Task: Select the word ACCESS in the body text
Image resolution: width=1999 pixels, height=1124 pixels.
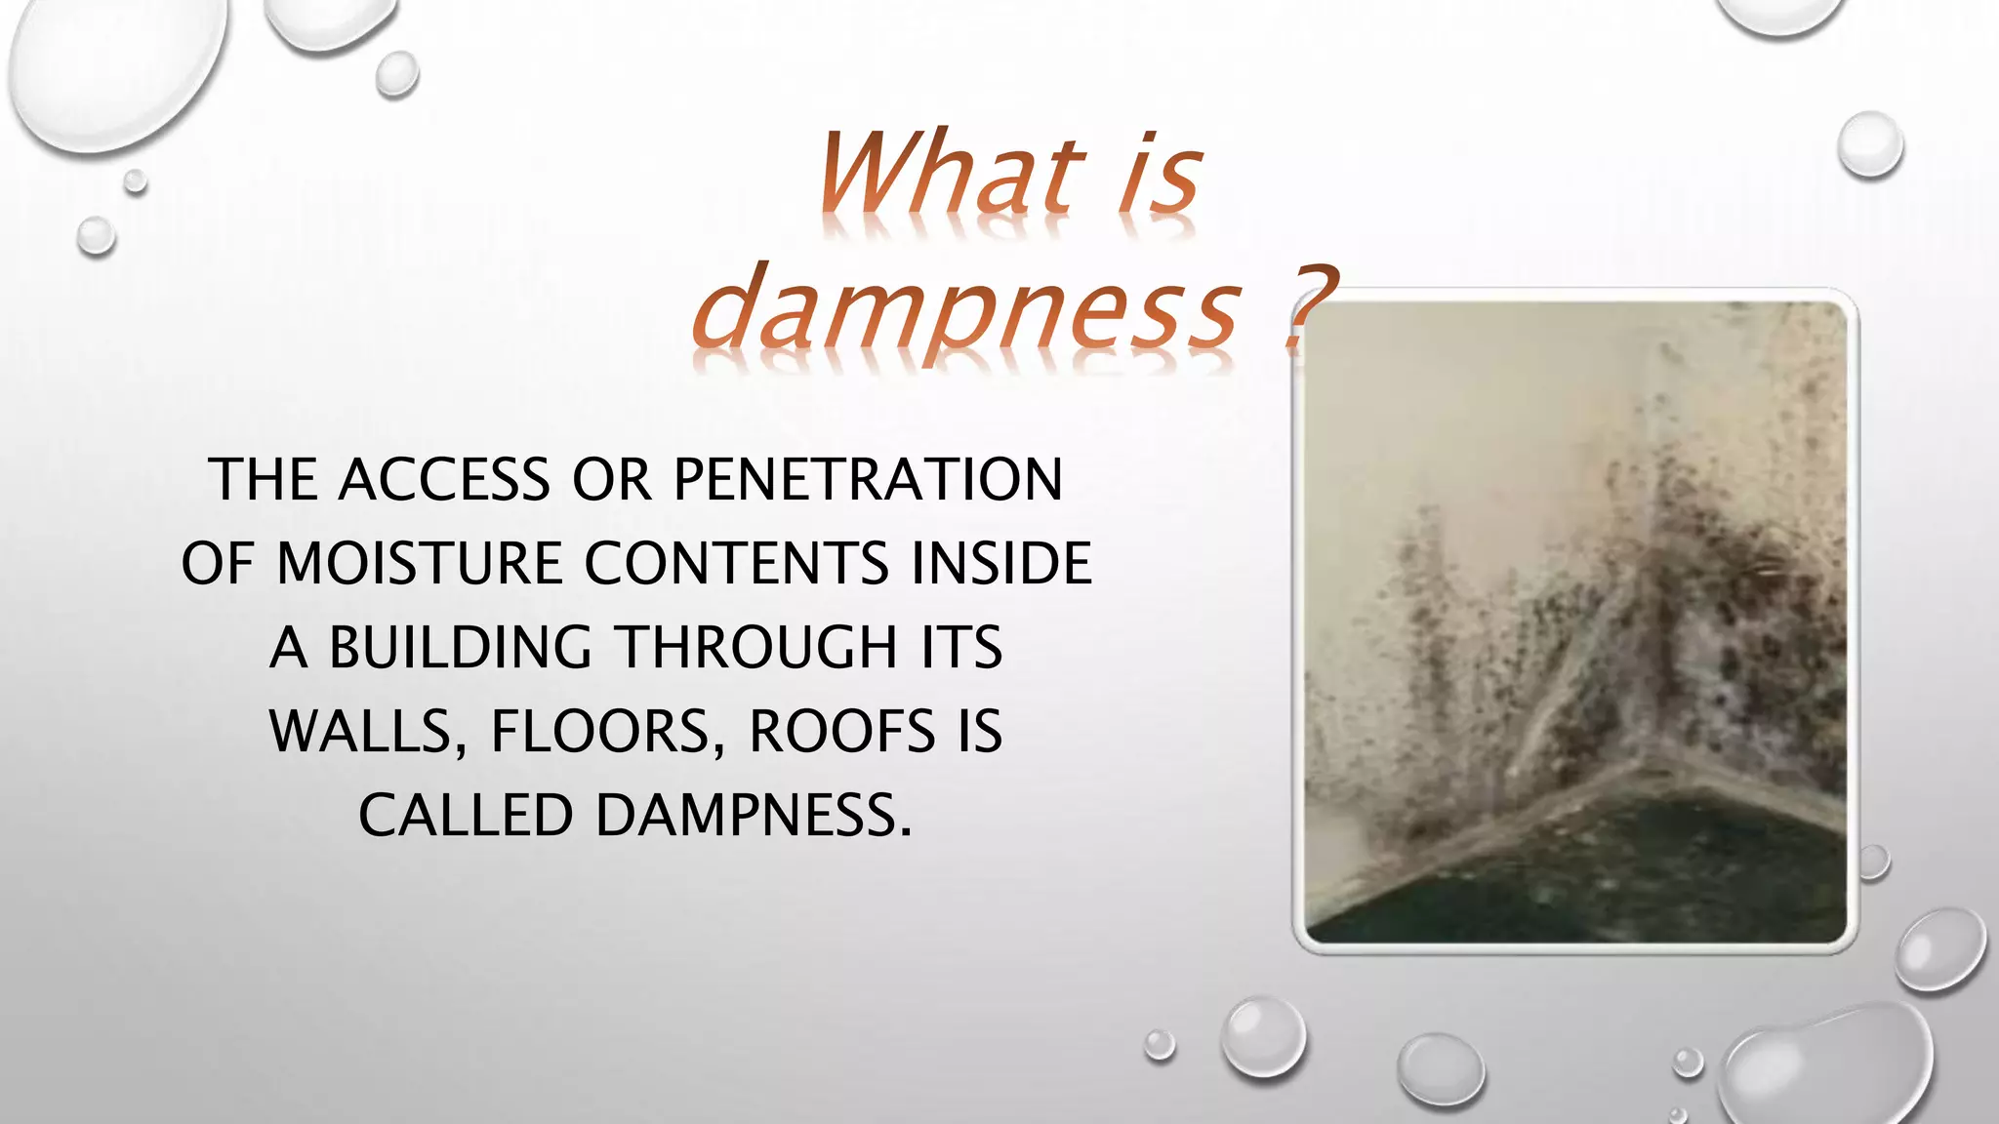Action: click(444, 480)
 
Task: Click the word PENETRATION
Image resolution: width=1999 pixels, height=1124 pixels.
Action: click(868, 480)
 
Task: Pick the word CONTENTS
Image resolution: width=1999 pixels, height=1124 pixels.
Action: click(737, 564)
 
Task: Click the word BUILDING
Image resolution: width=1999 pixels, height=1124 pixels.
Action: click(460, 648)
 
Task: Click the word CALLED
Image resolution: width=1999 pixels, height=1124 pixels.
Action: click(465, 816)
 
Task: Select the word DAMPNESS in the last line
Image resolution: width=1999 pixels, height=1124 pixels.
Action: click(754, 816)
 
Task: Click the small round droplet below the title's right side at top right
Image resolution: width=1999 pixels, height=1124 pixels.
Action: click(1869, 144)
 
